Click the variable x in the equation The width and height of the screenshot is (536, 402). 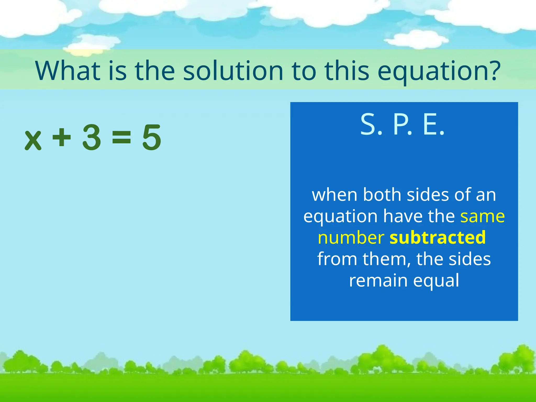click(x=33, y=140)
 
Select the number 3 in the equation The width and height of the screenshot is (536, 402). click(x=91, y=137)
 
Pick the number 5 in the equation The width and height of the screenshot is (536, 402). click(x=151, y=138)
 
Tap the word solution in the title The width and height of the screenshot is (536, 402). click(x=233, y=71)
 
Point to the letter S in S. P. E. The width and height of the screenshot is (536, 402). click(x=368, y=125)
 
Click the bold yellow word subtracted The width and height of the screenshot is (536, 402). click(x=438, y=237)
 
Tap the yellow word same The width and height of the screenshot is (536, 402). click(x=482, y=216)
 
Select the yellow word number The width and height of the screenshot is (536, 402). click(x=351, y=237)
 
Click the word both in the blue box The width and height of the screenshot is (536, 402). click(x=382, y=195)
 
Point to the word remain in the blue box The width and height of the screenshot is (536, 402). click(x=378, y=280)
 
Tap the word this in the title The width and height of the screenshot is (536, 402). click(x=347, y=71)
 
